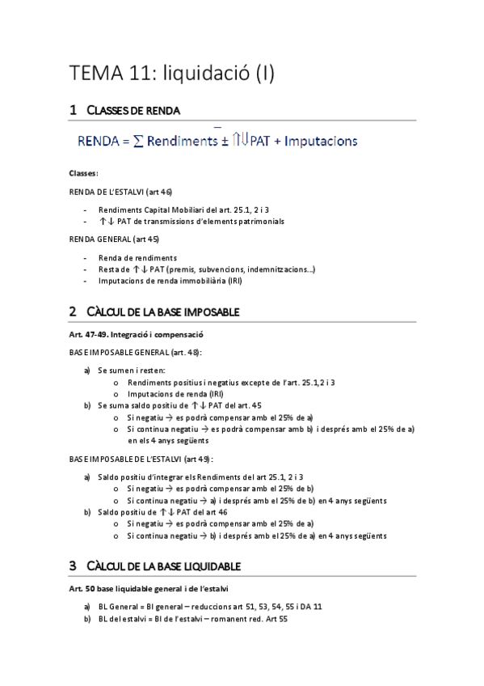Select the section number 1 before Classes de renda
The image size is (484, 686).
pyautogui.click(x=74, y=109)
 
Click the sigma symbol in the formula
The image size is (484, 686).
pyautogui.click(x=138, y=141)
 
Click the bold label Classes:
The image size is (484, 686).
pyautogui.click(x=84, y=173)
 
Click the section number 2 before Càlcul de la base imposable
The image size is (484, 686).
pyautogui.click(x=74, y=311)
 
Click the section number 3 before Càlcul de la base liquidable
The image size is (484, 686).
pyautogui.click(x=74, y=565)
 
